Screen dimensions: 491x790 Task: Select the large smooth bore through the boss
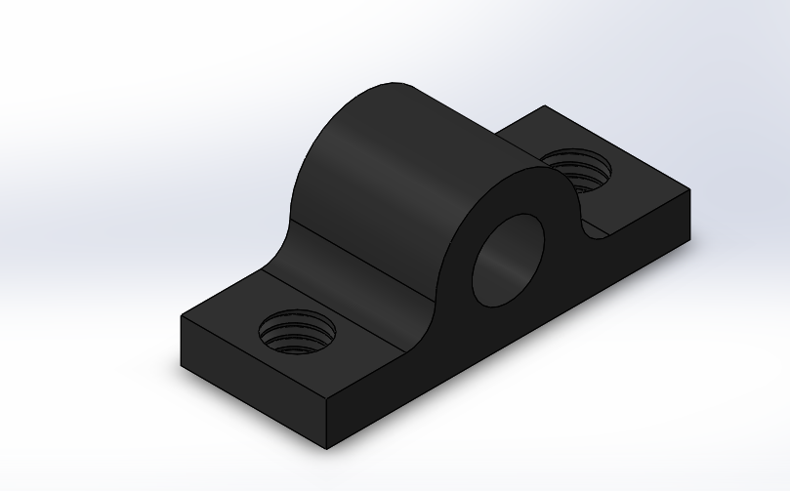(508, 260)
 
